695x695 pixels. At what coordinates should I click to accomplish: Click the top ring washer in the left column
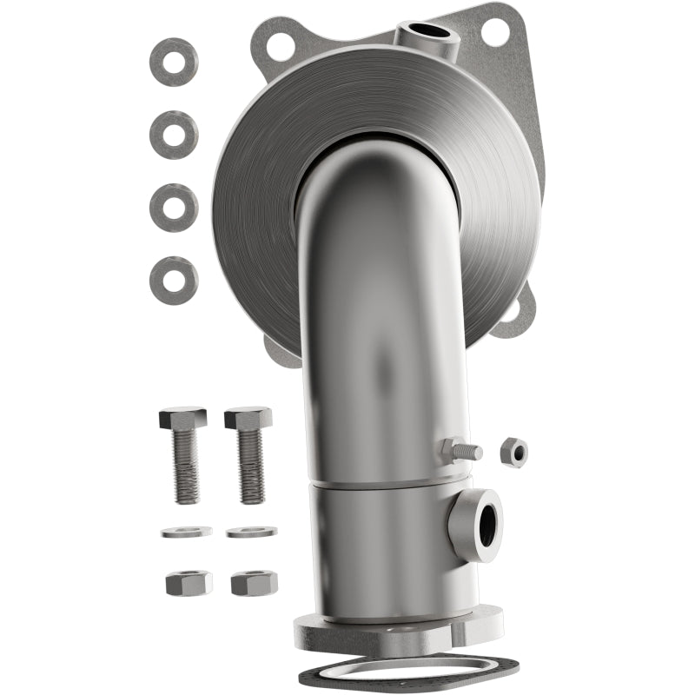[x=174, y=62]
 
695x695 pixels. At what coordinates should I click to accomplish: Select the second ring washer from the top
[x=174, y=135]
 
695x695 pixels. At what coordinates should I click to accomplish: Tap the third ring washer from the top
[x=174, y=208]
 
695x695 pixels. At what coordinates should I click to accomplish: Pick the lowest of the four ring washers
[x=174, y=281]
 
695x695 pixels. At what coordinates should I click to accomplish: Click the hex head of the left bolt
[x=182, y=418]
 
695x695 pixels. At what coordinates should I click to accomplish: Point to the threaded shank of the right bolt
[x=250, y=466]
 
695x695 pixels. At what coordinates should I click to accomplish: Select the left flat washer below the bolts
[x=186, y=532]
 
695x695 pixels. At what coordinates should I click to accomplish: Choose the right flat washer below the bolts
[x=252, y=531]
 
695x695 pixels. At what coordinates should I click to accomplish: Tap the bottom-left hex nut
[x=189, y=582]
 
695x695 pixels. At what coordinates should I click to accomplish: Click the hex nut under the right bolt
[x=255, y=582]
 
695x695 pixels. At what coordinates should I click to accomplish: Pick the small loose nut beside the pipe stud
[x=513, y=452]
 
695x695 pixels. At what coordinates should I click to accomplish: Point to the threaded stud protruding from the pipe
[x=460, y=451]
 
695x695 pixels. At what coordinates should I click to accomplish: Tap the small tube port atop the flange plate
[x=427, y=35]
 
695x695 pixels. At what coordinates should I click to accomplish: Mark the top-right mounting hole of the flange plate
[x=495, y=32]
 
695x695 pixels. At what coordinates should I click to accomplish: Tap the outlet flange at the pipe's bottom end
[x=400, y=632]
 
